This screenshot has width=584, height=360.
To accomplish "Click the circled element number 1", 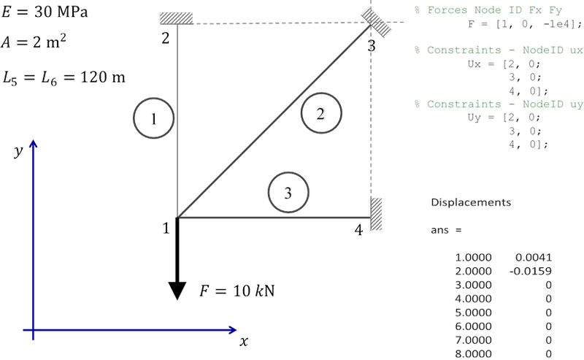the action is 153,118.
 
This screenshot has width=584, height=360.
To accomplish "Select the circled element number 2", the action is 321,113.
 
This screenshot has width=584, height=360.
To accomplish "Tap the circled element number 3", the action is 288,192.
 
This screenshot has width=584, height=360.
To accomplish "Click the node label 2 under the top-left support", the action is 166,38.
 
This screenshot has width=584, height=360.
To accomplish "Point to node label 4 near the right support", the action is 358,230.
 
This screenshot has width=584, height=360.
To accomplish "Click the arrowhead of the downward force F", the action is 177,291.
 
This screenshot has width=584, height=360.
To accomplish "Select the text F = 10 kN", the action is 237,291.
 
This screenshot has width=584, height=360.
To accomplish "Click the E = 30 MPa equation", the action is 45,12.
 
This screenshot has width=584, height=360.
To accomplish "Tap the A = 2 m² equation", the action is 34,42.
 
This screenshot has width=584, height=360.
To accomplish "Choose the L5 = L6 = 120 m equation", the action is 64,78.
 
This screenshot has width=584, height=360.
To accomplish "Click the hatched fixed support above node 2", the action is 176,18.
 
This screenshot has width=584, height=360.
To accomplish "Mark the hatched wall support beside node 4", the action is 376,213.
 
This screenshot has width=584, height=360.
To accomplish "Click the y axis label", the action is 18,150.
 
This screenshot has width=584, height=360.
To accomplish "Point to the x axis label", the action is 244,340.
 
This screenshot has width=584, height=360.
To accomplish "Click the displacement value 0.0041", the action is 534,257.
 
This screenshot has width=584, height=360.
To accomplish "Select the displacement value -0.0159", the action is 531,271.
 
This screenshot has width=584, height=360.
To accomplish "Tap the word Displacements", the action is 471,202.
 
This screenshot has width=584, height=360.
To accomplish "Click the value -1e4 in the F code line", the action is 557,24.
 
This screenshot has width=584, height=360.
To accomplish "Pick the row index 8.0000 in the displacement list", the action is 473,353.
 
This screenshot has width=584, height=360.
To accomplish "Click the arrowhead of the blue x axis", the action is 232,330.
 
